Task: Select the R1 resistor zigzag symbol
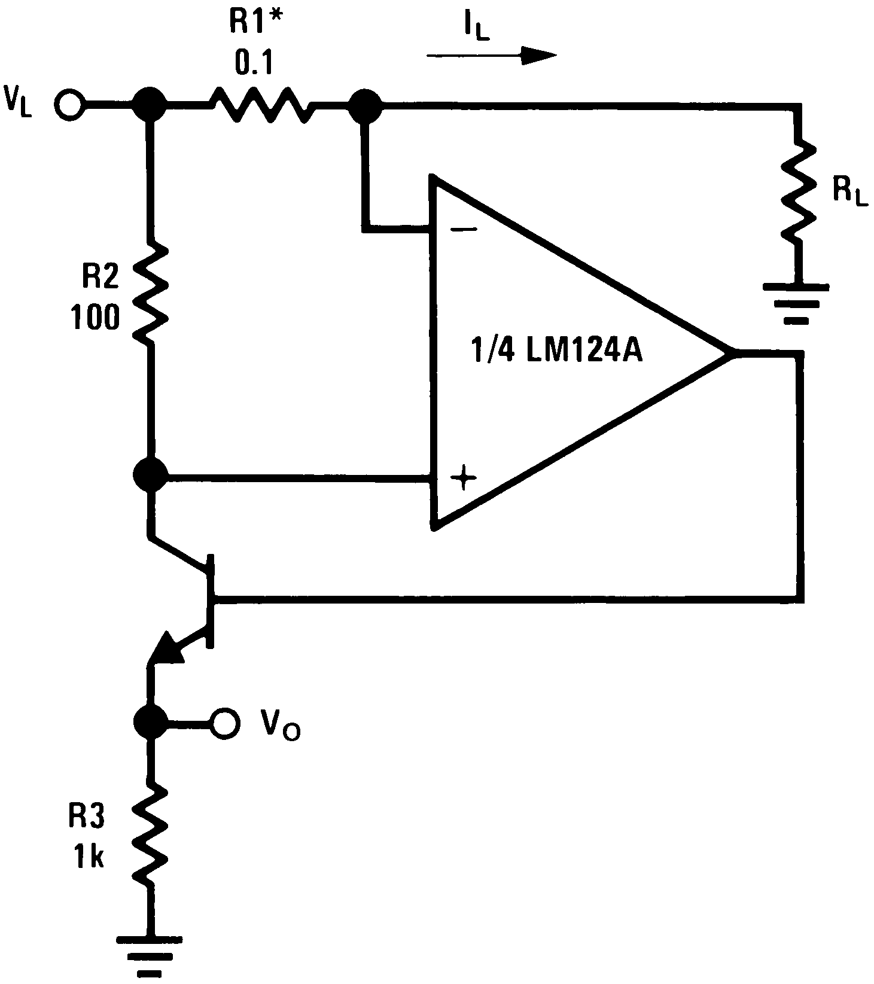point(261,106)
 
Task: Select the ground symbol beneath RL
point(796,302)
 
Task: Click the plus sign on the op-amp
point(464,479)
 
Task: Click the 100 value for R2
point(95,317)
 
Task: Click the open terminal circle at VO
point(224,721)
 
